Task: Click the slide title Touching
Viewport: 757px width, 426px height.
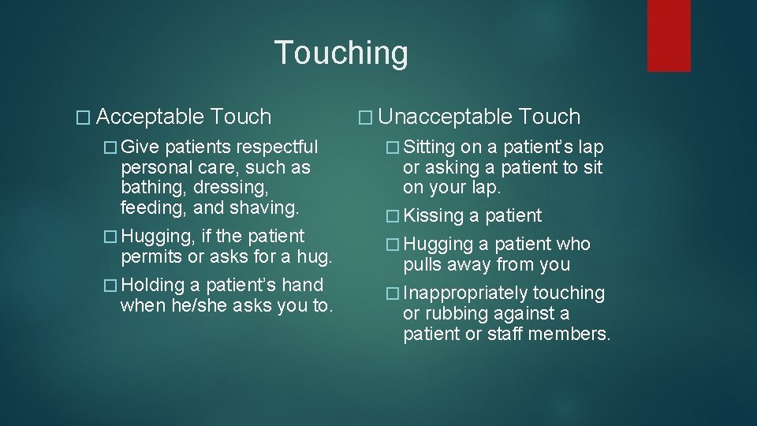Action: pos(341,53)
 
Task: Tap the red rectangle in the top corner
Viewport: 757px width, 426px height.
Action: pos(669,35)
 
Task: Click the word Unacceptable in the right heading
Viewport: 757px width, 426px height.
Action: pos(445,118)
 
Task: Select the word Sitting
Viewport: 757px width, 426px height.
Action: pos(429,148)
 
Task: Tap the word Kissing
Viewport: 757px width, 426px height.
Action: pos(433,216)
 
